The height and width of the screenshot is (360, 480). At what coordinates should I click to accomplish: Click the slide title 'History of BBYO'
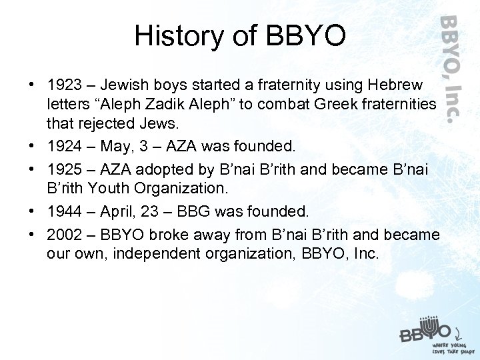(x=240, y=36)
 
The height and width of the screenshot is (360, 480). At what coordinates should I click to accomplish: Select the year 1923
(x=64, y=85)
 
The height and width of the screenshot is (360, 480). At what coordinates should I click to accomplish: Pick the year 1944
(x=64, y=211)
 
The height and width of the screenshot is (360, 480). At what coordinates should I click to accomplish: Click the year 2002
(x=64, y=235)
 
